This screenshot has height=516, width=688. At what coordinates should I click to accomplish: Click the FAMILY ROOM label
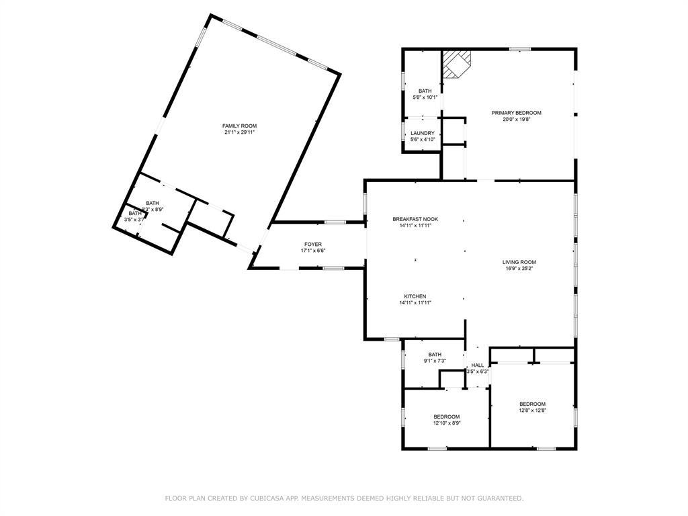[x=239, y=126]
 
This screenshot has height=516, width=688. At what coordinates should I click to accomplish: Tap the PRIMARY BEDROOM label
[x=516, y=113]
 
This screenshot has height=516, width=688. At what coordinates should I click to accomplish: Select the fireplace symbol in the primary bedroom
[x=457, y=64]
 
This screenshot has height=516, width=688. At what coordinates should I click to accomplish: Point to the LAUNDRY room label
[x=423, y=133]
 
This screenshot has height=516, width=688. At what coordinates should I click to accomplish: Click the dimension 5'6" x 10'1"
[x=425, y=97]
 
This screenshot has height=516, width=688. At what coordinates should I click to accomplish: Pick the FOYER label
[x=312, y=244]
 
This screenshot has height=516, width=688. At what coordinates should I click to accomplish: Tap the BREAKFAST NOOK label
[x=412, y=219]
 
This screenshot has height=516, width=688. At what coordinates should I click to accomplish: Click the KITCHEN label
[x=415, y=296]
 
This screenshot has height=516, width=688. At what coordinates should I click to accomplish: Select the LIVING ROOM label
[x=519, y=262]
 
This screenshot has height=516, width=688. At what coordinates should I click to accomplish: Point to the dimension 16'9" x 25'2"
[x=519, y=269]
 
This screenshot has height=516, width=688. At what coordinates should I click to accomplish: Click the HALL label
[x=477, y=365]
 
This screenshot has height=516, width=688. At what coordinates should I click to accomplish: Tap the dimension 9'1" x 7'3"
[x=435, y=361]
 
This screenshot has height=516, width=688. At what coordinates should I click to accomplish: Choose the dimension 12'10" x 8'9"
[x=446, y=423]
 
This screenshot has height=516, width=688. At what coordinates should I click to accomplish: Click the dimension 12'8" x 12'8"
[x=532, y=411]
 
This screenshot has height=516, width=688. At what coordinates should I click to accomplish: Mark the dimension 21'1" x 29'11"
[x=239, y=132]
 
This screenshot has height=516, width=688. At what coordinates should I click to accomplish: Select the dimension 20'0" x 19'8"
[x=516, y=120]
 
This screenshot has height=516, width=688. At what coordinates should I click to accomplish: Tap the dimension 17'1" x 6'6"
[x=312, y=251]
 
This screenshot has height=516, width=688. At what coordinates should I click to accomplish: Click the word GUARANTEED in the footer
[x=499, y=499]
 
